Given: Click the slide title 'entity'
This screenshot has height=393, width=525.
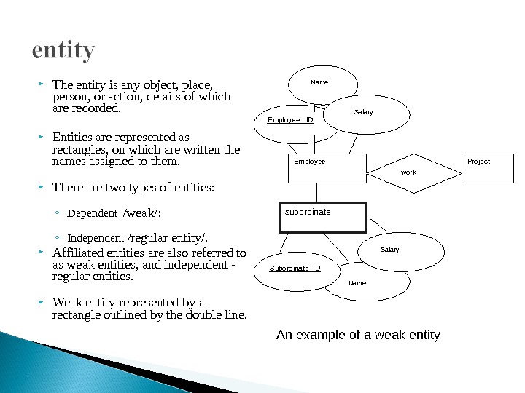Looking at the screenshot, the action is (63, 51).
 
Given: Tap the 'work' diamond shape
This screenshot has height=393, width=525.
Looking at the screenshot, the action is (408, 173).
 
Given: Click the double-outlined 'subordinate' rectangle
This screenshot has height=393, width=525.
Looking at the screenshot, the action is (322, 217).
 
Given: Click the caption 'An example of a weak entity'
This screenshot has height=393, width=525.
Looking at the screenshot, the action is (358, 335).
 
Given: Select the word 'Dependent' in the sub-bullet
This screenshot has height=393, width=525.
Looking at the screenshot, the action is (92, 213).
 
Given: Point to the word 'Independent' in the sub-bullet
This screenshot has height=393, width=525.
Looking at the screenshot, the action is (96, 237).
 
